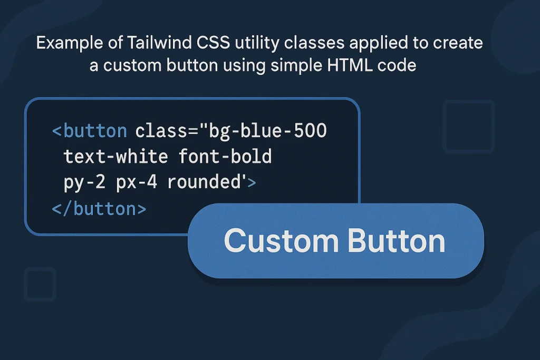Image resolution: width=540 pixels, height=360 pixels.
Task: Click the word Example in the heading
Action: [x=65, y=43]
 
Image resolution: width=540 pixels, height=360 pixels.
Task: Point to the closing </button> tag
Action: [x=99, y=209]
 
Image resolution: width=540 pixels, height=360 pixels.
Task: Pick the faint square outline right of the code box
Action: [x=469, y=127]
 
